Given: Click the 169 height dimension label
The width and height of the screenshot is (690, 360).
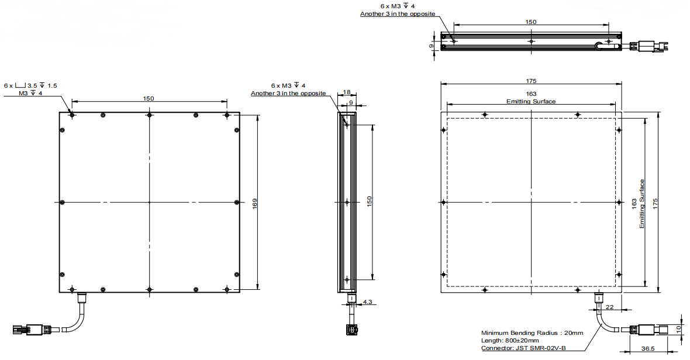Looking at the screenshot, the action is point(255,203).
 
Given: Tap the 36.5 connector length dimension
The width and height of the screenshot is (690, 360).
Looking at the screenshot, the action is point(648,348).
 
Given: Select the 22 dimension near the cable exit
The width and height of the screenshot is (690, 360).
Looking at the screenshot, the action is point(609,307).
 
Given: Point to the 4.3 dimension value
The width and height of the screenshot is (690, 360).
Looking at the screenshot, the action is point(367,302).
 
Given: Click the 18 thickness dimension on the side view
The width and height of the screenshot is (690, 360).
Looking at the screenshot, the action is point(347,92).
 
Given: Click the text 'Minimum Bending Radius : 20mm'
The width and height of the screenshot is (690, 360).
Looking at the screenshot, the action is point(532,333).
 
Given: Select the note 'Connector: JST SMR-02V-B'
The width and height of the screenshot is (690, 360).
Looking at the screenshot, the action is point(524,348).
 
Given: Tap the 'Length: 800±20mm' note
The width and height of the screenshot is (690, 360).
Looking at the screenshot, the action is point(509,340).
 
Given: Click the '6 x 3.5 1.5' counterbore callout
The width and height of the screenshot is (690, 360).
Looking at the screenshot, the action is point(30,85).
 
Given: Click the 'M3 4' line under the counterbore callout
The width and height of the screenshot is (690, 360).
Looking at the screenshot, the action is point(30,93).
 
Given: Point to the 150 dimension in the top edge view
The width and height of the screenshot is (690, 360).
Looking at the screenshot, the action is point(531,22).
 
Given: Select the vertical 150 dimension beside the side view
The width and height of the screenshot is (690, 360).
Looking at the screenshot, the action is point(369,201).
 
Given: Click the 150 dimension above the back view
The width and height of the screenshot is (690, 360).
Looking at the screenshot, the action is point(149,98).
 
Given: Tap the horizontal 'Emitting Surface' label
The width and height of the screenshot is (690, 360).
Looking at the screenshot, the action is point(531,102).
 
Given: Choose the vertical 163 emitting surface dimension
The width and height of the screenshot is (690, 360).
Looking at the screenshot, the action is point(634,204).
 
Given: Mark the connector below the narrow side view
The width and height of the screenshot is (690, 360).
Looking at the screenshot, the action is point(351,329).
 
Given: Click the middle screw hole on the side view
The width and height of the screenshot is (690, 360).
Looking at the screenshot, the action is point(347,202).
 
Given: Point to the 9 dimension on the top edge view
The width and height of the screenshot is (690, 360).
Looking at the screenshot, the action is point(432,46).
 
